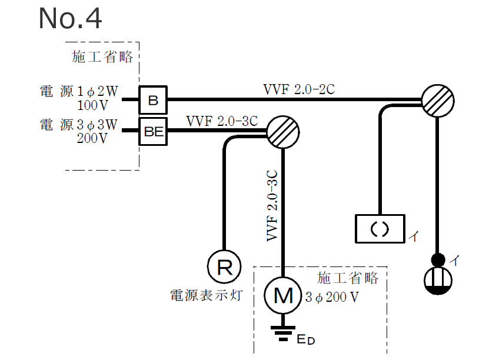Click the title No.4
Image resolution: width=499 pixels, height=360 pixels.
pyautogui.click(x=70, y=19)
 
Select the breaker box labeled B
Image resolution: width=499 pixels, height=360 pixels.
pyautogui.click(x=153, y=100)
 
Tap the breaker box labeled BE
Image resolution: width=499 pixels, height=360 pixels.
pyautogui.click(x=153, y=131)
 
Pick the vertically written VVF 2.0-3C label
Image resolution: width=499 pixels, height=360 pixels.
pyautogui.click(x=272, y=205)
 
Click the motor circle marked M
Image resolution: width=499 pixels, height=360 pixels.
pyautogui.click(x=283, y=295)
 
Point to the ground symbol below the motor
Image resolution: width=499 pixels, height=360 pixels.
pyautogui.click(x=283, y=333)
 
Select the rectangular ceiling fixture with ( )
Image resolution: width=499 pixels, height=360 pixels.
pyautogui.click(x=380, y=228)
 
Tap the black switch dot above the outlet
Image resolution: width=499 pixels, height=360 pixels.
pyautogui.click(x=438, y=259)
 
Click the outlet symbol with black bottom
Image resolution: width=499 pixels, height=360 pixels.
pyautogui.click(x=438, y=281)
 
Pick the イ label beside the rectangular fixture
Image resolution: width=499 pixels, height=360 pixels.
pyautogui.click(x=414, y=237)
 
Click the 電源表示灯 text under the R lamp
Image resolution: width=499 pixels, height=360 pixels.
pyautogui.click(x=206, y=294)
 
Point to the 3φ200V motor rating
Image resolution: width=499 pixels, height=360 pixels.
pyautogui.click(x=332, y=297)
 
